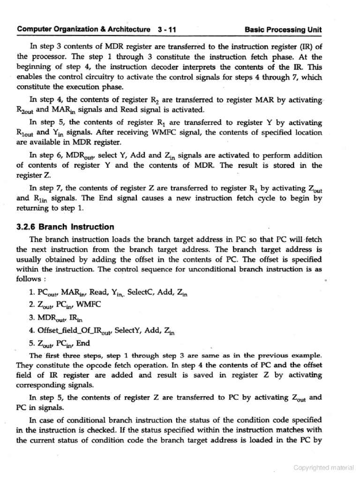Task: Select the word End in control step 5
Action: point(82,343)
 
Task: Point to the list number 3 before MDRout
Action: point(31,318)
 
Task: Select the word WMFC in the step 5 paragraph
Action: point(160,132)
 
